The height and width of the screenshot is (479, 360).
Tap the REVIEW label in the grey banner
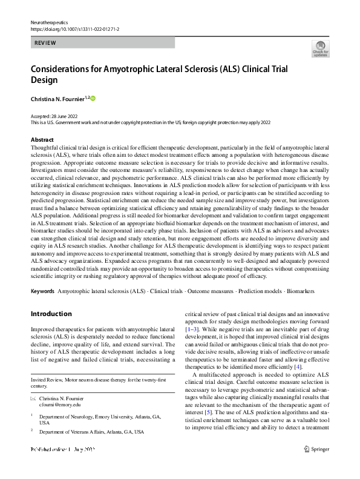coord(47,44)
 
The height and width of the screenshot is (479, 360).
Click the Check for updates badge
coord(320,48)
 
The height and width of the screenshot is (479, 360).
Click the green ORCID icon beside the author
coord(93,98)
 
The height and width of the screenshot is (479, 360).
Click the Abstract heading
coord(42,139)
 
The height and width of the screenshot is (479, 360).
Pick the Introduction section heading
coord(51,314)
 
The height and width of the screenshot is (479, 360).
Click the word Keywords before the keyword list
coord(42,291)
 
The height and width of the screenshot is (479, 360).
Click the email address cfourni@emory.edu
coord(59,405)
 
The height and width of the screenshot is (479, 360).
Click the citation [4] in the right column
coord(297,367)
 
